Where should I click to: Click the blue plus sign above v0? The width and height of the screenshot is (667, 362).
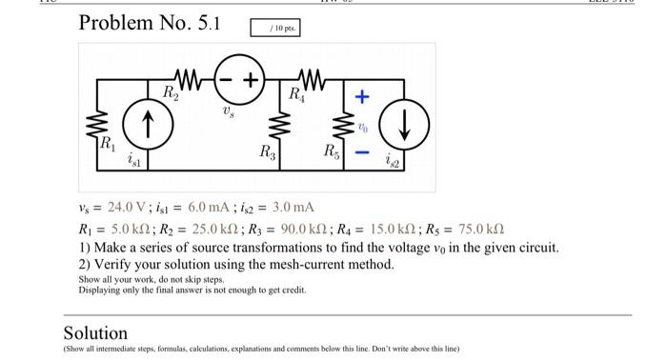361,97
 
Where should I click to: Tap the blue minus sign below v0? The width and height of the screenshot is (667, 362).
361,151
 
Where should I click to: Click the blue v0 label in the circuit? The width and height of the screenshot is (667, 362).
361,125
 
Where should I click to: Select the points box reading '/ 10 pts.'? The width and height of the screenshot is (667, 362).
277,28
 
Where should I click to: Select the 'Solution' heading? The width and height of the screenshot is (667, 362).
95,332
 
